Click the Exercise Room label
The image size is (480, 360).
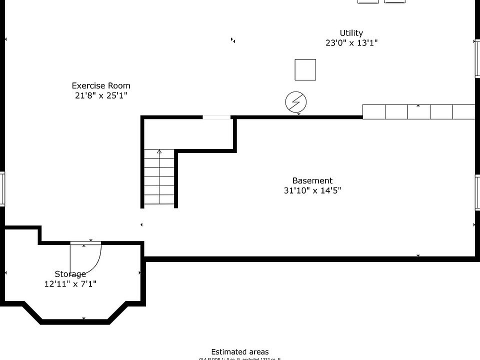[101, 85]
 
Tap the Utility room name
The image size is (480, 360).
[351, 33]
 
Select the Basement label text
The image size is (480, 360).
[312, 180]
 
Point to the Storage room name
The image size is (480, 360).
[70, 274]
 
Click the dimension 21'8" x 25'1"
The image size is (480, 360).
[101, 95]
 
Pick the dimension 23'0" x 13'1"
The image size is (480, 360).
[351, 43]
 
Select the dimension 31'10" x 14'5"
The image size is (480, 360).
[312, 190]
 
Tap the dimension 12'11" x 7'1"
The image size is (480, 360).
[70, 284]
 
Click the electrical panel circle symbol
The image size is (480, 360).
[296, 102]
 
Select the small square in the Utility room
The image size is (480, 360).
[305, 69]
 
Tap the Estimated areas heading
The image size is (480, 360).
[239, 352]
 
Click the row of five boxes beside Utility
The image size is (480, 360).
[418, 112]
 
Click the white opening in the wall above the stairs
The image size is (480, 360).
[216, 117]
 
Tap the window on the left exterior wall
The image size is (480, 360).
[2, 188]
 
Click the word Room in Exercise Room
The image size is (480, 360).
[119, 85]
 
